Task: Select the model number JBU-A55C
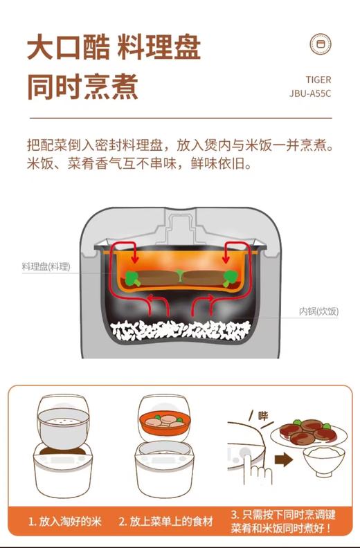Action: (310, 93)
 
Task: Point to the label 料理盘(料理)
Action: (46, 266)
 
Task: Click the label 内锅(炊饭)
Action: (318, 311)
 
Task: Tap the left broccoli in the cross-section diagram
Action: (132, 278)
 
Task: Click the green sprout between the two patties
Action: (181, 275)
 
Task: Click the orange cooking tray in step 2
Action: (165, 423)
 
